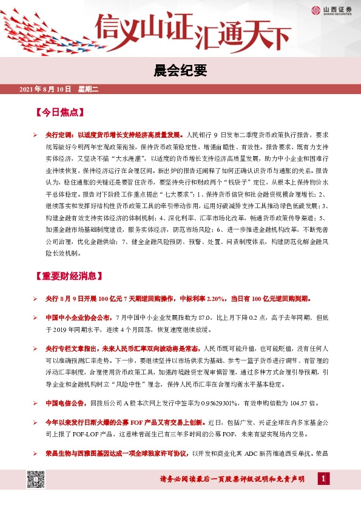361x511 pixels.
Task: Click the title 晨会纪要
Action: click(x=180, y=71)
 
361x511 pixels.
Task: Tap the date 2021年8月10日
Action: click(x=46, y=90)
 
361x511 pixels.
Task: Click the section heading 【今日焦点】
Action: click(x=59, y=113)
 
